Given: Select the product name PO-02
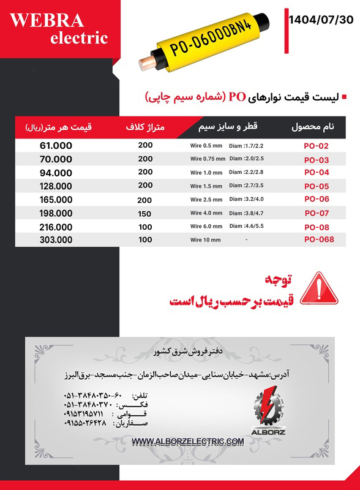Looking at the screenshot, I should point(317,146).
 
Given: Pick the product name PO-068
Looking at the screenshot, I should point(319,239).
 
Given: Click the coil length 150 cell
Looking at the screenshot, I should point(145,213).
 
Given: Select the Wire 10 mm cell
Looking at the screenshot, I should point(205,240).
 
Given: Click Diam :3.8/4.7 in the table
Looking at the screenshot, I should point(246,213).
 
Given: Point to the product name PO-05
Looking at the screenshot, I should point(317,186).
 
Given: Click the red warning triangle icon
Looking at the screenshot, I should point(320,288).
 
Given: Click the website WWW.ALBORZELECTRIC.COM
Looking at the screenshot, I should point(187,442).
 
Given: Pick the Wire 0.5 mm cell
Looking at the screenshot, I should point(205,146).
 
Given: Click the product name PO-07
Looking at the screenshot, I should point(317,213).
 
